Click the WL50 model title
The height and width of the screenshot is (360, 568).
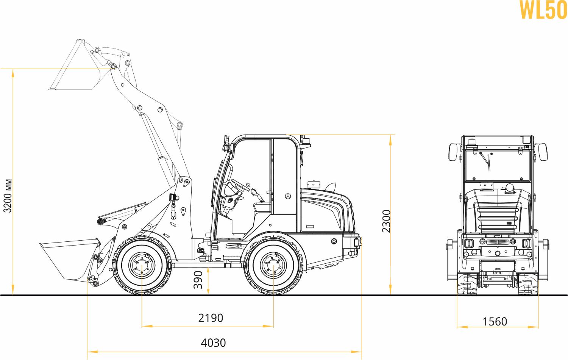[543, 9]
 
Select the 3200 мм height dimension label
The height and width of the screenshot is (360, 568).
[8, 196]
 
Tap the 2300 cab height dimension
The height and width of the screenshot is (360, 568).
[387, 221]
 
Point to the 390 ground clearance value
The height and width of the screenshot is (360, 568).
[198, 280]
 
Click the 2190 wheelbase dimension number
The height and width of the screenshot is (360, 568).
[211, 318]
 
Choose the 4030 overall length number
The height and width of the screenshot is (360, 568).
[213, 343]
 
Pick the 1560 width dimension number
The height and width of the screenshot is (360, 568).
[495, 322]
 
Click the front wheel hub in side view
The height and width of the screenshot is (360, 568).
[142, 265]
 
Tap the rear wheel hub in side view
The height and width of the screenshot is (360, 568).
[273, 265]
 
